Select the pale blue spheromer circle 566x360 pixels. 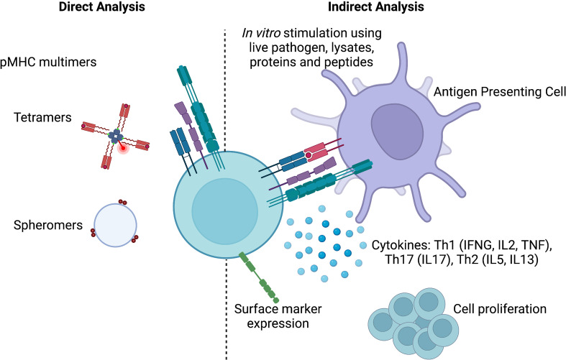115,224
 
